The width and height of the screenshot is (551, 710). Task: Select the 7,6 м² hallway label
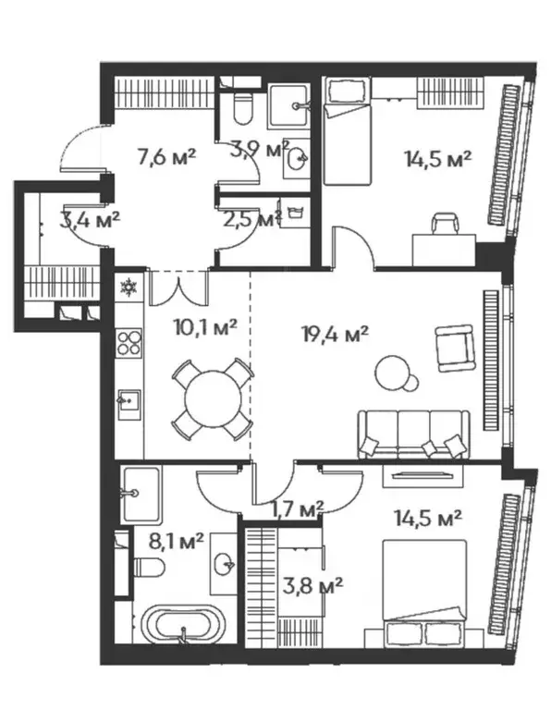click(x=166, y=156)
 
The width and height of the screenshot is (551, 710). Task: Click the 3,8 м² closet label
click(x=312, y=584)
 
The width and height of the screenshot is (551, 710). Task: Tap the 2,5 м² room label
click(x=251, y=219)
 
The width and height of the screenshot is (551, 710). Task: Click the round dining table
click(x=213, y=399)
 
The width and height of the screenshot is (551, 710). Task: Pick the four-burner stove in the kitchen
click(x=129, y=345)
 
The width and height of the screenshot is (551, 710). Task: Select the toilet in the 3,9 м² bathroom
click(x=243, y=109)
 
